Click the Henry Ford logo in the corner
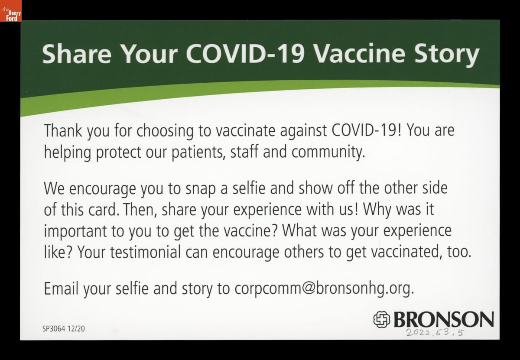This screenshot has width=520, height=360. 11,11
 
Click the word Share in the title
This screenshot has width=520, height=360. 77,54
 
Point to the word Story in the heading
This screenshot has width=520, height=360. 447,55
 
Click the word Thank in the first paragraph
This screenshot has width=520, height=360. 63,130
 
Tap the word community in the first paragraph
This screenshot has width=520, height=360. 328,152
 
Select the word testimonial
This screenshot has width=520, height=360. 145,252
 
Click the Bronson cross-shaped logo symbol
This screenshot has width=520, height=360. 382,319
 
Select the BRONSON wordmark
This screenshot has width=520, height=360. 444,319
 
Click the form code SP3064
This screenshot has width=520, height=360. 54,329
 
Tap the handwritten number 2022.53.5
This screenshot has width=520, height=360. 435,332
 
